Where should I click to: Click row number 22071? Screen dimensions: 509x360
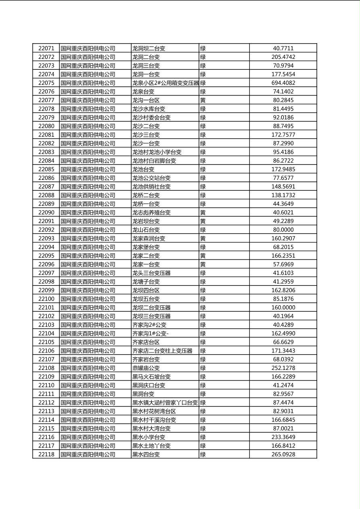click(x=46, y=48)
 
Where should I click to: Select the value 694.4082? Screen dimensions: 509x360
click(x=283, y=83)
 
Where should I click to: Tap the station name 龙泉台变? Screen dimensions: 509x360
click(x=143, y=92)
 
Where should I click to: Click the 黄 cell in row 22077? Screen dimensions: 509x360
click(x=203, y=100)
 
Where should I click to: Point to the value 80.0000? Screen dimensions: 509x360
click(x=283, y=230)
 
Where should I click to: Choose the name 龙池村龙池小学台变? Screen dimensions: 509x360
click(x=157, y=152)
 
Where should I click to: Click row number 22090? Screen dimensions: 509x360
click(x=46, y=213)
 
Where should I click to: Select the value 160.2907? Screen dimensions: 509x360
click(x=283, y=238)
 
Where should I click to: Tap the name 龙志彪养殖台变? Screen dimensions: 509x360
click(x=151, y=213)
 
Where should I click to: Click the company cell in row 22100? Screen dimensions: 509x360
click(x=88, y=299)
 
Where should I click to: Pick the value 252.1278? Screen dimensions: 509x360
click(x=283, y=368)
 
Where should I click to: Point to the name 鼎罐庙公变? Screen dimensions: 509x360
click(x=146, y=368)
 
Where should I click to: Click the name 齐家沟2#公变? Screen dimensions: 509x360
click(x=149, y=325)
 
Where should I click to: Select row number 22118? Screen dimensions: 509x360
click(x=46, y=454)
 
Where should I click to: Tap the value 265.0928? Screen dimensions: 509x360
click(x=283, y=454)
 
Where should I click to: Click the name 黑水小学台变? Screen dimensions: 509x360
click(x=149, y=437)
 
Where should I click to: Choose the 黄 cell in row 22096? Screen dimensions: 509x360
click(x=203, y=264)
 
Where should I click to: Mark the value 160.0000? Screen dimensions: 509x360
click(x=283, y=307)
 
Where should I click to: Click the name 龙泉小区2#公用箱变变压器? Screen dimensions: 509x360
click(x=165, y=83)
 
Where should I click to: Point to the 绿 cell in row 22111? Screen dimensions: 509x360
click(x=203, y=394)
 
